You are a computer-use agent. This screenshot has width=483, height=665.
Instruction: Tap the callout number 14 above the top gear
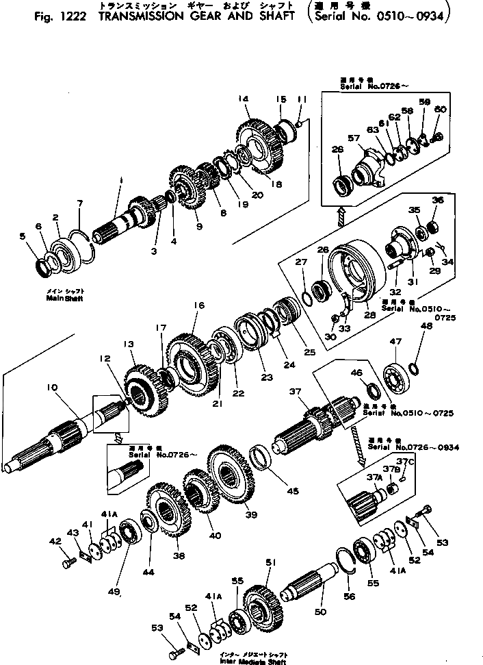pos(242,99)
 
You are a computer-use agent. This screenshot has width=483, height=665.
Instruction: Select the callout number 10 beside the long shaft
pos(52,388)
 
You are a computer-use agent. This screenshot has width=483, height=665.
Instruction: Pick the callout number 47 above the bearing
pos(395,340)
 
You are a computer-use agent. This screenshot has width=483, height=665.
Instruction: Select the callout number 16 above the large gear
pos(198,304)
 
